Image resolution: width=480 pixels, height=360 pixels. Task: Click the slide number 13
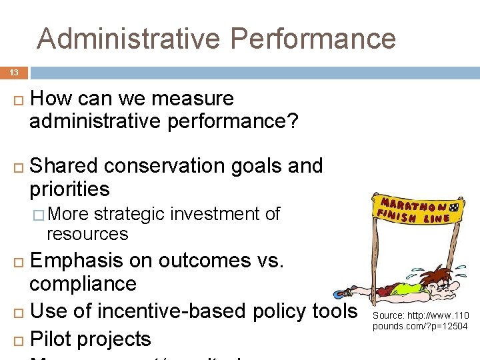[14, 72]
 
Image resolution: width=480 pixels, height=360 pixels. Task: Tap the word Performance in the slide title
[314, 38]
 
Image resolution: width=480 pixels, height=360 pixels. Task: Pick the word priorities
[69, 189]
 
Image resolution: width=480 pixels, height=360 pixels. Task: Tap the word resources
[87, 234]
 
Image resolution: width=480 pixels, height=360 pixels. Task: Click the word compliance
[83, 284]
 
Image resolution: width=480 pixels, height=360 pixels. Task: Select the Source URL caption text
[420, 321]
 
